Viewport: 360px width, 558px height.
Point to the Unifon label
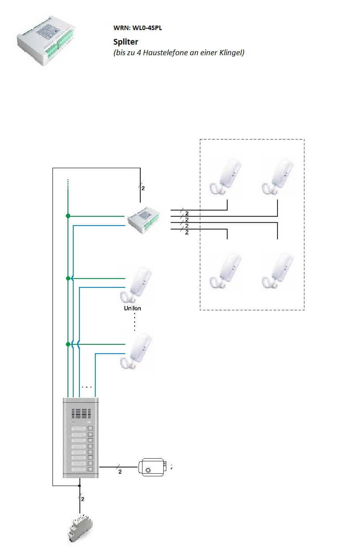coord(133,308)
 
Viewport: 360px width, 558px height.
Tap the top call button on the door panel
coord(91,429)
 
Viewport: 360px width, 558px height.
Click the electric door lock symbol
coord(152,467)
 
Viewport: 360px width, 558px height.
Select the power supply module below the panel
coord(80,528)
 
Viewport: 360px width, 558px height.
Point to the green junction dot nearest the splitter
coord(68,216)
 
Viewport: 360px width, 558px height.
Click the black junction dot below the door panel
coord(80,486)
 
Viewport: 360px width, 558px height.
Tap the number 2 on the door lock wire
coord(120,472)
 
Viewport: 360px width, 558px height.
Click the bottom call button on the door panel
coord(91,470)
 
